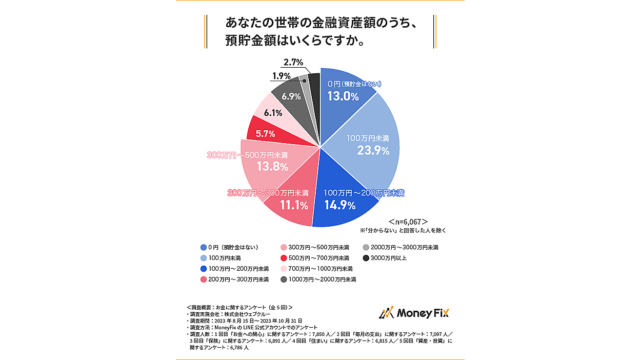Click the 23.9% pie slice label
pos(373,150)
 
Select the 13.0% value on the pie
pos(343,96)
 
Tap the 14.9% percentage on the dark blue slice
pos(340,206)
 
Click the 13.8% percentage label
pos(272,167)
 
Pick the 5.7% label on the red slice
pos(266,134)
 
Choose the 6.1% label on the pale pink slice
pos(272,113)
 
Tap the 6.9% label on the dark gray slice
pos(291,96)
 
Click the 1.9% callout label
pos(282,76)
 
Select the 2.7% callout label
pos(293,63)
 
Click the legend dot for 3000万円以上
pos(365,258)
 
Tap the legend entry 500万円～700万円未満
pos(315,258)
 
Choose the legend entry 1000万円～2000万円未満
pos(318,279)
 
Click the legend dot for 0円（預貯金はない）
pos(204,247)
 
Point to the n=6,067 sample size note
pos(408,222)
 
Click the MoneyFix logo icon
pos(386,313)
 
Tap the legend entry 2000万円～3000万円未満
pos(400,247)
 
